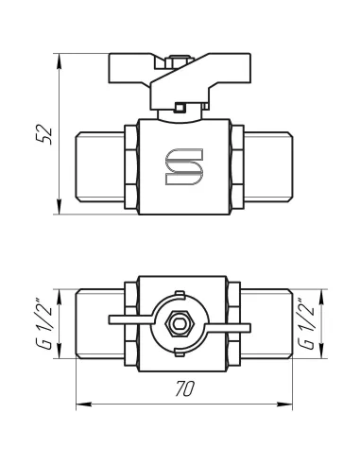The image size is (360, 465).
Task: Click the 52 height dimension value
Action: [x=44, y=135]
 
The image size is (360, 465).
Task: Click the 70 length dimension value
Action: [x=185, y=388]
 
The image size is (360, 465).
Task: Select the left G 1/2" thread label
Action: [x=44, y=323]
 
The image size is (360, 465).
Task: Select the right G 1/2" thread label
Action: [x=306, y=323]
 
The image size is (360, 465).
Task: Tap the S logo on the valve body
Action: [x=184, y=166]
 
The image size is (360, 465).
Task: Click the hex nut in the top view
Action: [x=180, y=323]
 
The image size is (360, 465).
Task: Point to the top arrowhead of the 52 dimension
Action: [x=59, y=60]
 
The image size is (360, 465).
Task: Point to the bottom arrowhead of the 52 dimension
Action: [x=59, y=207]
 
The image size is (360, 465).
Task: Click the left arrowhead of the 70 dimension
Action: [x=84, y=405]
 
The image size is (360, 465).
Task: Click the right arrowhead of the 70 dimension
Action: [x=284, y=405]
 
